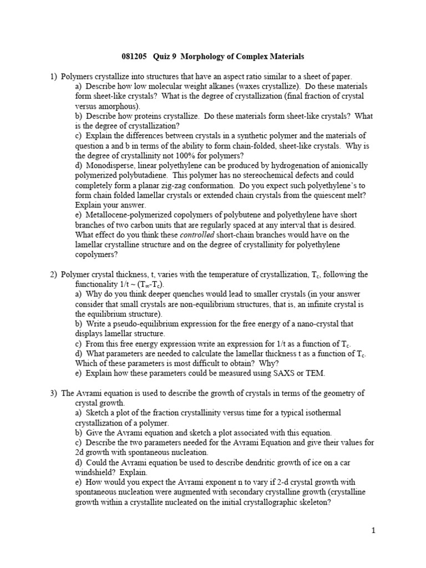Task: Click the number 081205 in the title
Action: coord(135,57)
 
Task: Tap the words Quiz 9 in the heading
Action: coord(168,57)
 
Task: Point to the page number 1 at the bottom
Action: coord(374,530)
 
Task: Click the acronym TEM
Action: coord(315,373)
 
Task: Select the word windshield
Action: coord(93,473)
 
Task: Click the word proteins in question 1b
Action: coord(143,116)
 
